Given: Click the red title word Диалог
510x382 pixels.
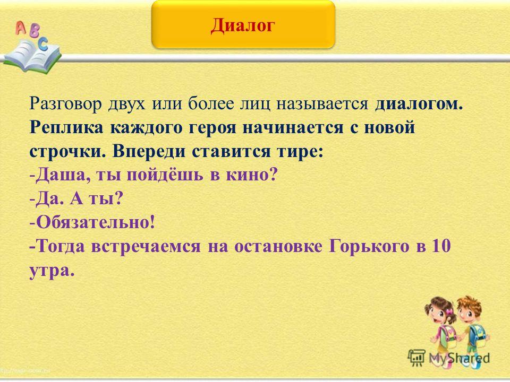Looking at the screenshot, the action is [243, 25].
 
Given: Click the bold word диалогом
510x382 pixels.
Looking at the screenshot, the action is [419, 105].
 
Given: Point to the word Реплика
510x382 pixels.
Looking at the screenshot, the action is [66, 128].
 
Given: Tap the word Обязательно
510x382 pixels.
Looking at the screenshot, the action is [95, 222].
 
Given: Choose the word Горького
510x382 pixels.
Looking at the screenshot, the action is [369, 246].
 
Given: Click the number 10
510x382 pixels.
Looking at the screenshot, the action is [441, 246].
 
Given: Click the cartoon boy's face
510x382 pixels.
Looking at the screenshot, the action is [469, 310].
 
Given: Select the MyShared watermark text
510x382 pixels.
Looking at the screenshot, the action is [459, 358].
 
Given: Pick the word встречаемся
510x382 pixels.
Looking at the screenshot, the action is [146, 246].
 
